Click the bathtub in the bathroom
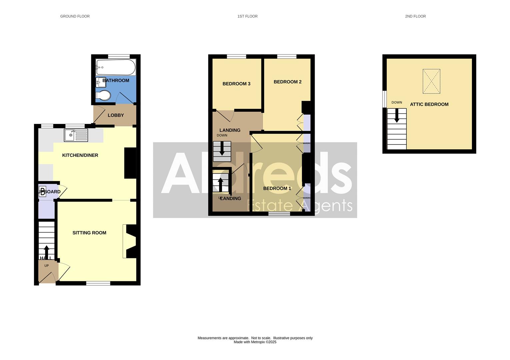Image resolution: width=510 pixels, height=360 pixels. pos(116,68)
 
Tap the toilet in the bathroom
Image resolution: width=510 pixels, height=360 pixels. pos(103,96)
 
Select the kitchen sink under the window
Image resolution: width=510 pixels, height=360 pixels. pos(76,135)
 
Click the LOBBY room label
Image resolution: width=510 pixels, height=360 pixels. pos(116,115)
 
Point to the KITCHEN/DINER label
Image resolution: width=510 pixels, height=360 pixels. pos(80,155)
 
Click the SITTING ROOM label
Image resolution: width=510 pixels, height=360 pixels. pos(89,233)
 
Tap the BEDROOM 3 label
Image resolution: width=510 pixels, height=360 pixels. pos(236,84)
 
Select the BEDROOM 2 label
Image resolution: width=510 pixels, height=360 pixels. pos(287,82)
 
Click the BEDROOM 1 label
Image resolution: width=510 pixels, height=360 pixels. pos(277,189)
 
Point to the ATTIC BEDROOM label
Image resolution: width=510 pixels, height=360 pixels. pos(429,104)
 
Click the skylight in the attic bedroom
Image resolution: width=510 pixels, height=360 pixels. pos(431,81)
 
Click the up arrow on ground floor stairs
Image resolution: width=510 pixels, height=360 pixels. pos(46,252)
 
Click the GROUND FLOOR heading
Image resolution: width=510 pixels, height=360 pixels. pos(75,16)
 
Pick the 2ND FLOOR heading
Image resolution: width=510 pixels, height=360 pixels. pos(415,16)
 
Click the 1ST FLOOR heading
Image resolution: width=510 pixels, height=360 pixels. pos(247,16)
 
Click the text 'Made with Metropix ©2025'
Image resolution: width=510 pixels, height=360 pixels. pos(255,342)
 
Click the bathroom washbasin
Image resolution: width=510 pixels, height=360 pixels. pos(100,82)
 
